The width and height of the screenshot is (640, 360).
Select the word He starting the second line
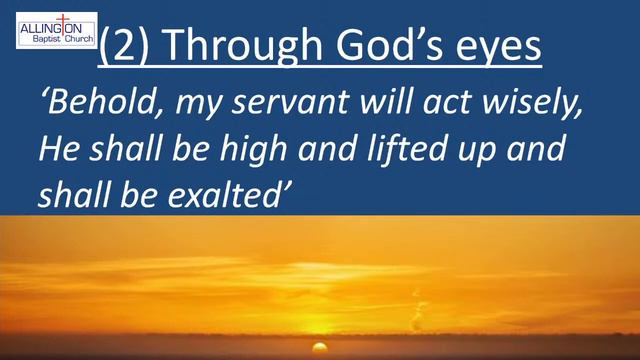point(55,150)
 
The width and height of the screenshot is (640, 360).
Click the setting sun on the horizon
point(320,347)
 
